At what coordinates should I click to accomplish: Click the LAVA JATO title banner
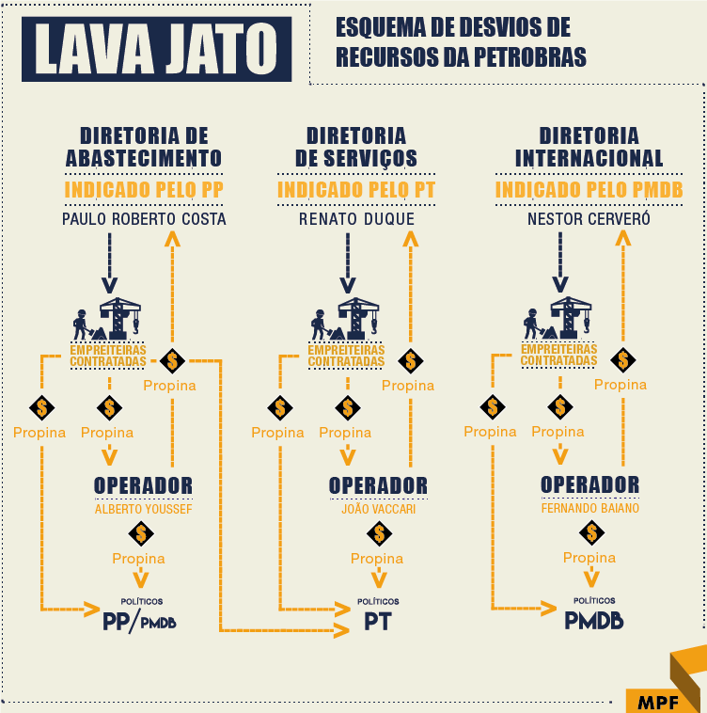coord(156,49)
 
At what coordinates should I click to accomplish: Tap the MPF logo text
coord(658,703)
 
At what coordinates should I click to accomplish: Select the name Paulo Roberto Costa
coord(144,219)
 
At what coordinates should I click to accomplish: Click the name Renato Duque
coord(356,219)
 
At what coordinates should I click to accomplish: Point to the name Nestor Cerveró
coord(589,219)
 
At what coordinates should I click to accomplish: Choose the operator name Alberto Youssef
coord(144,509)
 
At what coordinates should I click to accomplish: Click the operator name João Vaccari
coord(379,509)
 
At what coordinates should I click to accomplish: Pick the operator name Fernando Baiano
coord(590,508)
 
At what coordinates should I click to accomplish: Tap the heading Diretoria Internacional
coord(589,148)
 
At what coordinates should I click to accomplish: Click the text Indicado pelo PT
coord(356,190)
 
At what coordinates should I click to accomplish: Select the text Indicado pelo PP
coord(144,190)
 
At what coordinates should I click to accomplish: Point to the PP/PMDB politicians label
coord(139,622)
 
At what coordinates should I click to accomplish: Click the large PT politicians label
coord(378,622)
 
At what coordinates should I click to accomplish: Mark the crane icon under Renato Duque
coord(358,318)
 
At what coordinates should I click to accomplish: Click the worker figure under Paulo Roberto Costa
coord(82,325)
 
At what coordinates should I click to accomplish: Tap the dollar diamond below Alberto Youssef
coord(141,533)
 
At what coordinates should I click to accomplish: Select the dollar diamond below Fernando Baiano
coord(591,532)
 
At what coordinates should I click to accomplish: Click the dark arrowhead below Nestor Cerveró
coord(560,285)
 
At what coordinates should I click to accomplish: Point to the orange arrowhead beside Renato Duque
coord(410,239)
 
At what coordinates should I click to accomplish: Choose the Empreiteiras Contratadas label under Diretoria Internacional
coord(558,355)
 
